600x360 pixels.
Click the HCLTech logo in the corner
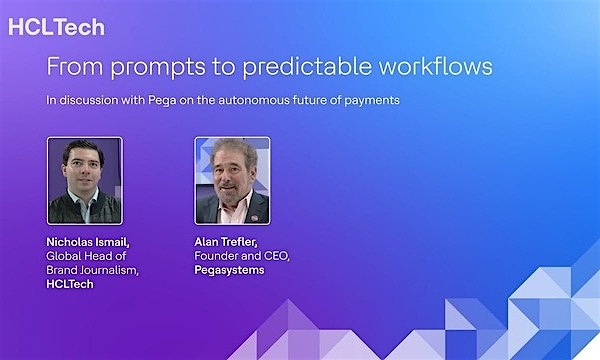(x=56, y=27)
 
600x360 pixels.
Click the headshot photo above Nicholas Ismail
(x=85, y=180)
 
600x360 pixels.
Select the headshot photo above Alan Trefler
(x=232, y=180)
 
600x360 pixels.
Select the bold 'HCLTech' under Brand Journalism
(x=71, y=284)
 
